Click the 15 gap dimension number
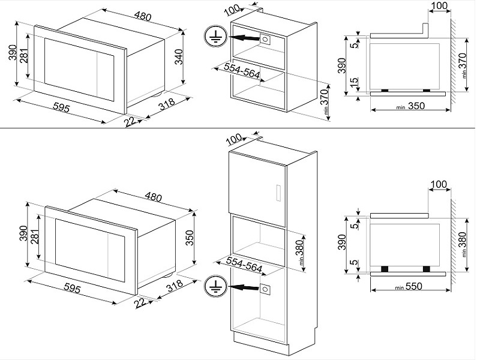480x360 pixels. (x=356, y=81)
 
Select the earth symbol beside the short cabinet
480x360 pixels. (x=212, y=37)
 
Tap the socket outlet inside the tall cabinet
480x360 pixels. (x=265, y=289)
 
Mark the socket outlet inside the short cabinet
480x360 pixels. (x=265, y=39)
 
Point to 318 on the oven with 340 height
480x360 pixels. (x=167, y=106)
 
